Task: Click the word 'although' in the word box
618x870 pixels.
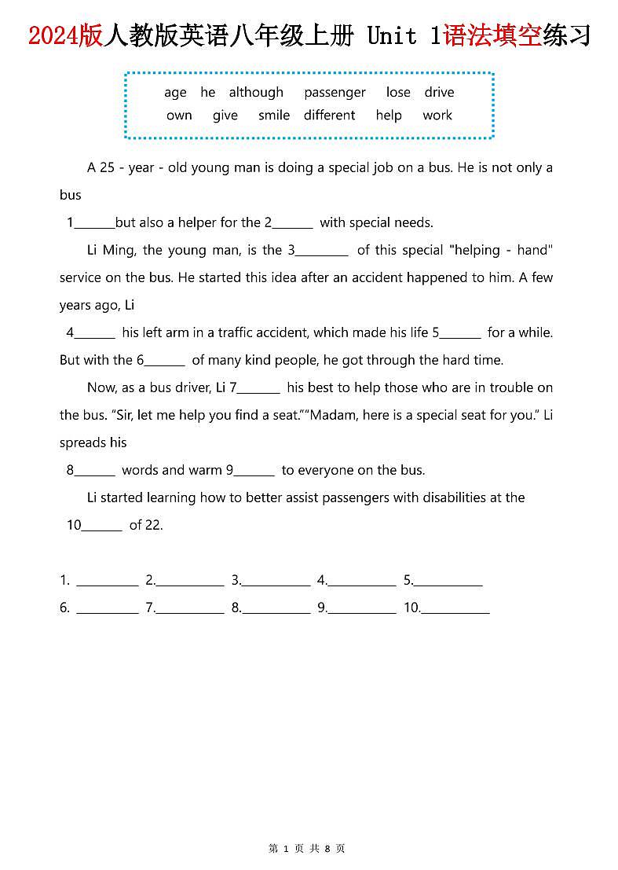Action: point(256,92)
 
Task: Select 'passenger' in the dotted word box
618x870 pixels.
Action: point(335,92)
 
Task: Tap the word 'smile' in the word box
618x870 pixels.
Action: point(274,115)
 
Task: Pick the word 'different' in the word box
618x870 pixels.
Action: point(329,115)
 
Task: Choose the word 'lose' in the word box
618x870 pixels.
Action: point(398,92)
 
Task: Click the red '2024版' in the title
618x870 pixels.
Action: point(65,36)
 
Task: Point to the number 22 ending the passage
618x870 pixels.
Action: point(155,525)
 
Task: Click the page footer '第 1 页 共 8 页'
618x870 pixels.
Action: point(307,848)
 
